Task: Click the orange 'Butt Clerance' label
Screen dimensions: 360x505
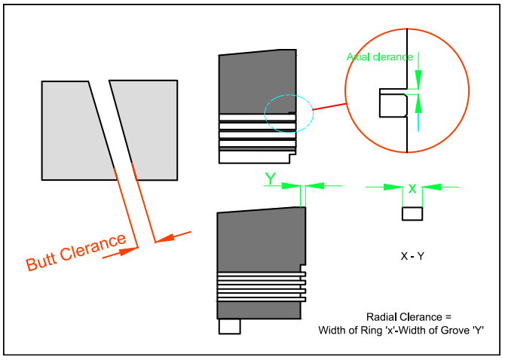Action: pyautogui.click(x=76, y=253)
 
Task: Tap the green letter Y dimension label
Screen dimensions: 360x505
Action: pyautogui.click(x=270, y=178)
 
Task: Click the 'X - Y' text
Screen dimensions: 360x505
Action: pyautogui.click(x=412, y=257)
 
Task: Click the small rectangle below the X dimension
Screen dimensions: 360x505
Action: pyautogui.click(x=412, y=214)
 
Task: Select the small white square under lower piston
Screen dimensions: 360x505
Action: pyautogui.click(x=229, y=326)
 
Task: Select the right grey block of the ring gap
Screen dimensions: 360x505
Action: pyautogui.click(x=151, y=128)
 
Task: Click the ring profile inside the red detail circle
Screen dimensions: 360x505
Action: pyautogui.click(x=392, y=104)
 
